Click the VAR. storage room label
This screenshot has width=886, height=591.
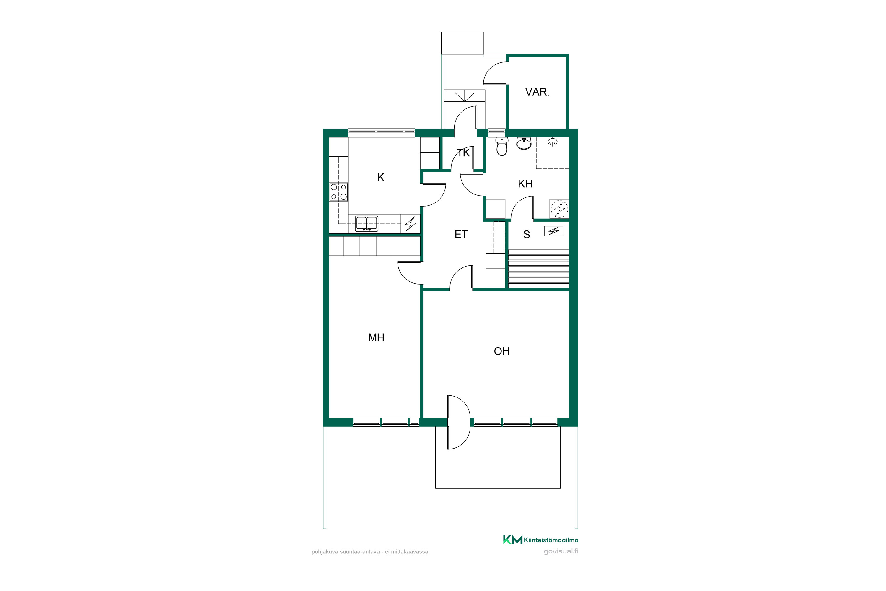click(x=537, y=92)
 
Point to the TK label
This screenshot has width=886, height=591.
click(x=463, y=153)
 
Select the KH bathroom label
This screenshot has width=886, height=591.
click(x=525, y=184)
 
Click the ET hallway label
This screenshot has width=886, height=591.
click(x=461, y=234)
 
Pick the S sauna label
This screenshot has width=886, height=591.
click(x=527, y=234)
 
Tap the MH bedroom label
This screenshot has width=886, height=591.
click(x=376, y=337)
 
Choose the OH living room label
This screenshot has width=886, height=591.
click(x=501, y=351)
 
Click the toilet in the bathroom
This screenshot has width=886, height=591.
click(x=502, y=146)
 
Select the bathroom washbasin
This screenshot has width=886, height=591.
click(x=524, y=143)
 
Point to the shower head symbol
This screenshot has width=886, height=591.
click(x=553, y=142)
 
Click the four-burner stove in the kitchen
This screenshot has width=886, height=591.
click(x=339, y=192)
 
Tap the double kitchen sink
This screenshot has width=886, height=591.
click(x=367, y=223)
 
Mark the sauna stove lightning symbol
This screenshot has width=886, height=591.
click(x=553, y=231)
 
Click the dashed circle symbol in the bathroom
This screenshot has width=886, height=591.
click(x=559, y=208)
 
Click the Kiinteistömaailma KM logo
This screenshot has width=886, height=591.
click(x=540, y=540)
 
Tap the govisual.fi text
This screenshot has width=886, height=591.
click(x=561, y=551)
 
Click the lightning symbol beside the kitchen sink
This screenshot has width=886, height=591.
click(x=410, y=223)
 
